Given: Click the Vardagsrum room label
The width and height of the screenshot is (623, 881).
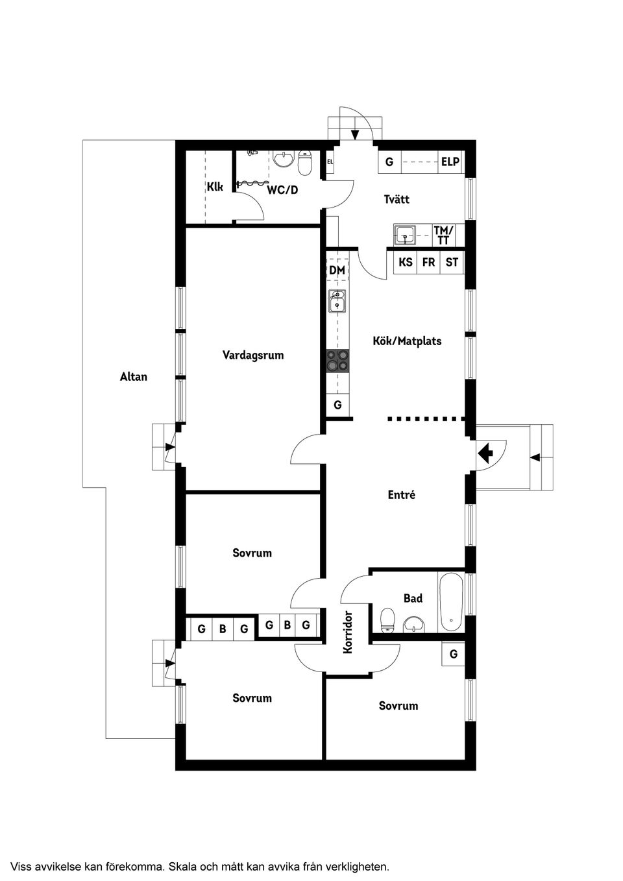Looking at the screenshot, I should pyautogui.click(x=253, y=356).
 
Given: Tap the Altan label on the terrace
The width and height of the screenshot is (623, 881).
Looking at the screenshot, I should pyautogui.click(x=134, y=376).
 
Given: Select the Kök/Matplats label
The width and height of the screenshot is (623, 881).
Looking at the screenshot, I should pyautogui.click(x=407, y=341).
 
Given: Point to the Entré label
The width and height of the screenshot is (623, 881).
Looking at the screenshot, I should pyautogui.click(x=401, y=494).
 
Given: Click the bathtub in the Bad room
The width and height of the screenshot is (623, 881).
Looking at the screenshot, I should pyautogui.click(x=451, y=603).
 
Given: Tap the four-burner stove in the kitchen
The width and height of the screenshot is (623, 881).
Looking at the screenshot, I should pyautogui.click(x=337, y=360).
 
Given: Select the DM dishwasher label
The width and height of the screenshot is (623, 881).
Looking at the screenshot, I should pyautogui.click(x=337, y=270).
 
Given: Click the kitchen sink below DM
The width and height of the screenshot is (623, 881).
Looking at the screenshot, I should pyautogui.click(x=337, y=301).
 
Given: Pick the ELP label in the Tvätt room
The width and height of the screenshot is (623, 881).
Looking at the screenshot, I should pyautogui.click(x=450, y=162).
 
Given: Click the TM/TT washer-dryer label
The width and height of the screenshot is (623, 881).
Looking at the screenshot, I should pyautogui.click(x=444, y=235).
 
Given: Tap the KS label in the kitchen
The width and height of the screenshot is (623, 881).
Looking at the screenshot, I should pyautogui.click(x=406, y=263).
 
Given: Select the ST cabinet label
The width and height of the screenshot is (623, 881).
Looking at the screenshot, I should pyautogui.click(x=452, y=263).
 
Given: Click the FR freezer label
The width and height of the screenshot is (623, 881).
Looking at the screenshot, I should pyautogui.click(x=428, y=263).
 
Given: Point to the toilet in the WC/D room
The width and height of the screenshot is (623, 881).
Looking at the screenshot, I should pyautogui.click(x=305, y=164).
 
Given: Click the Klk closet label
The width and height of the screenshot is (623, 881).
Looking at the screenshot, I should pyautogui.click(x=215, y=187).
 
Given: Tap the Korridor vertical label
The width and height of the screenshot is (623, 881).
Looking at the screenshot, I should pyautogui.click(x=348, y=632).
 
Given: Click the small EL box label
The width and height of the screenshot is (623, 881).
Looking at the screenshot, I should pyautogui.click(x=330, y=162).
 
